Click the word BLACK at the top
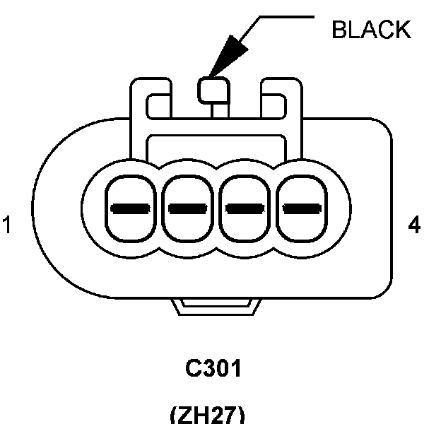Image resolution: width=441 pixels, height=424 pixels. click(x=370, y=29)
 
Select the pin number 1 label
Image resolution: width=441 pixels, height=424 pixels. click(x=7, y=226)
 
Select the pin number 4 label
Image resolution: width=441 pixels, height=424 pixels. click(x=415, y=225)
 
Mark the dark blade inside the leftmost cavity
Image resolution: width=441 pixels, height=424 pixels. click(x=130, y=209)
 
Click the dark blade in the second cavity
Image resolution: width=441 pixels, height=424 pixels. click(x=188, y=209)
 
